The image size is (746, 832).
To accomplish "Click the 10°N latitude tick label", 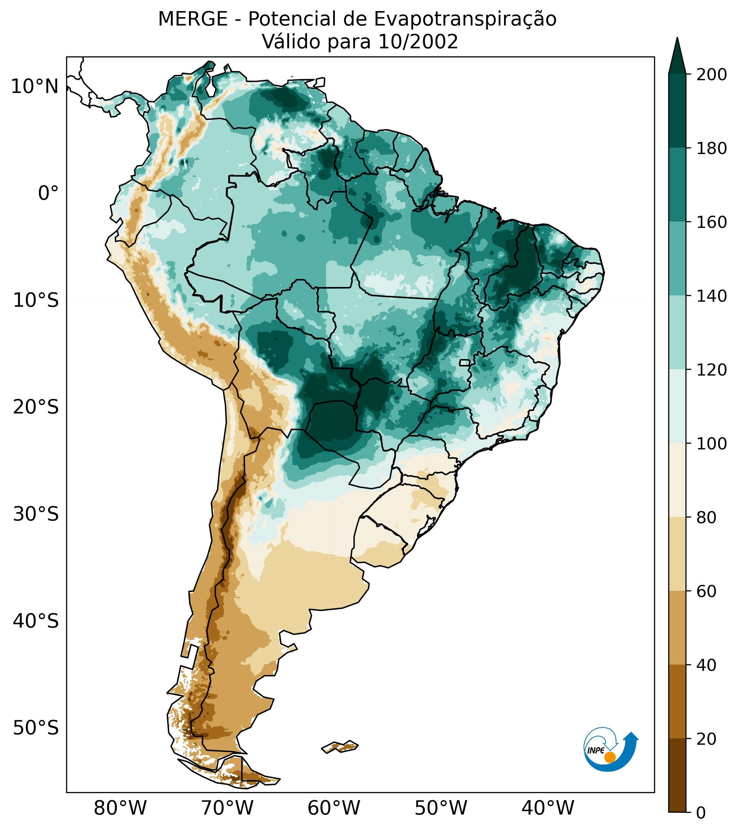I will [x=35, y=87].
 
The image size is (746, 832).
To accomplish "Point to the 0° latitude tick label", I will [x=48, y=193].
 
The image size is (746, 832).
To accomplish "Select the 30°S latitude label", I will [x=36, y=515].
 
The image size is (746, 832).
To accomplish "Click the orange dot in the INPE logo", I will [x=610, y=757].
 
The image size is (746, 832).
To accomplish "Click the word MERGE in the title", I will [x=193, y=19].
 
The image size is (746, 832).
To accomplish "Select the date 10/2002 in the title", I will [x=418, y=42].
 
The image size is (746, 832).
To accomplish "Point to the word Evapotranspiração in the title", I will [x=465, y=19].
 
